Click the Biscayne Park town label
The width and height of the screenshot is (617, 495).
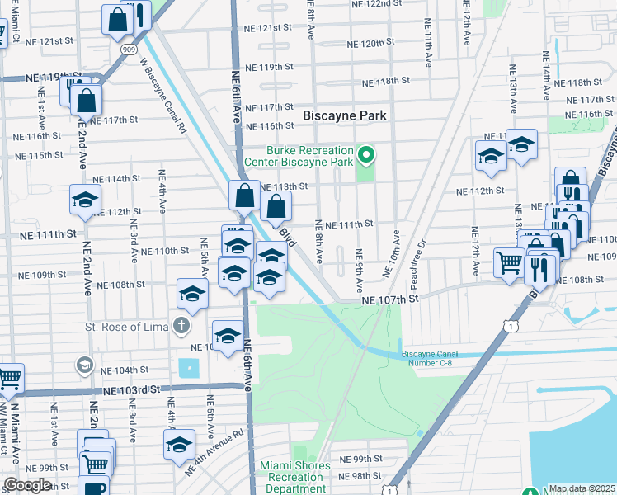[344, 115]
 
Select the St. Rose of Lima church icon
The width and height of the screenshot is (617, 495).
[181, 327]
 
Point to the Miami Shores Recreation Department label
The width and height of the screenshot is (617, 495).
[294, 472]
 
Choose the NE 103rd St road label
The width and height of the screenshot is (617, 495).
[131, 389]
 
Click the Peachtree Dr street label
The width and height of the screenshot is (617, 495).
[419, 256]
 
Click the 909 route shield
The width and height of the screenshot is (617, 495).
[128, 50]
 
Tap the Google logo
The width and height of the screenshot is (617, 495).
[27, 485]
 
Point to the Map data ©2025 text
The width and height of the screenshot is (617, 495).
[582, 488]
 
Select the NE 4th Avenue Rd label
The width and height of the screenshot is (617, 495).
[214, 453]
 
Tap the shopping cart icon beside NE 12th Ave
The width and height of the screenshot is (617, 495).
[510, 262]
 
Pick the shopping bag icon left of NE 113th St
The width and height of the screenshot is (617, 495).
[244, 196]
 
